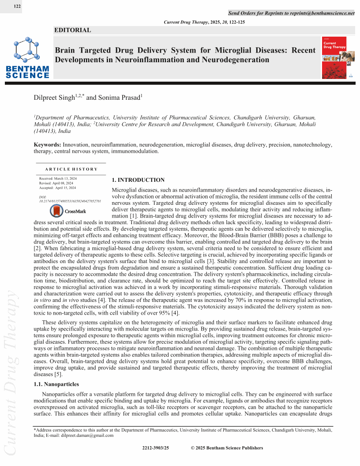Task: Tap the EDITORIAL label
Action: (x=72, y=30)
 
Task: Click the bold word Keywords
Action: (x=47, y=145)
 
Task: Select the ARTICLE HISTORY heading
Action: (x=71, y=169)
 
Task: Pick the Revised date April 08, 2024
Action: (x=56, y=183)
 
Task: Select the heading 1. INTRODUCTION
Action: (x=138, y=180)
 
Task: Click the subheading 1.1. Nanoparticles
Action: (x=56, y=384)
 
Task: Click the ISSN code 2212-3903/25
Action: (x=156, y=448)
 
